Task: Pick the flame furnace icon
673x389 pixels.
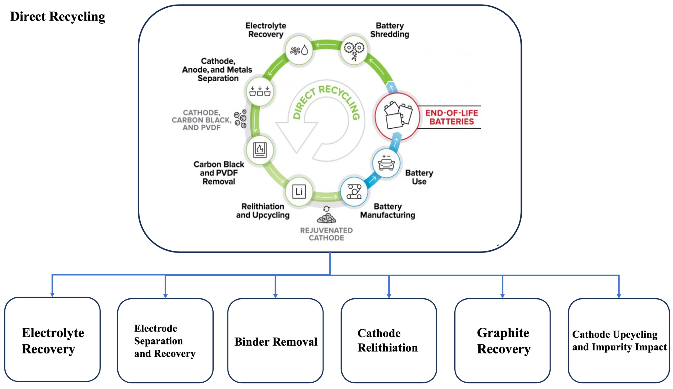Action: [260, 150]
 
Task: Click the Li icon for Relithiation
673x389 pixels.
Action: [299, 191]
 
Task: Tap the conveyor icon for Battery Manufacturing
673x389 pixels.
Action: [354, 192]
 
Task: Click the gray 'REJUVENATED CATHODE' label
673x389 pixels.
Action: [326, 234]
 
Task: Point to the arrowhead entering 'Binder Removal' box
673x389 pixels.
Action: [275, 296]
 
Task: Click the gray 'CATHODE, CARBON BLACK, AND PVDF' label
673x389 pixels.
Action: [202, 120]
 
